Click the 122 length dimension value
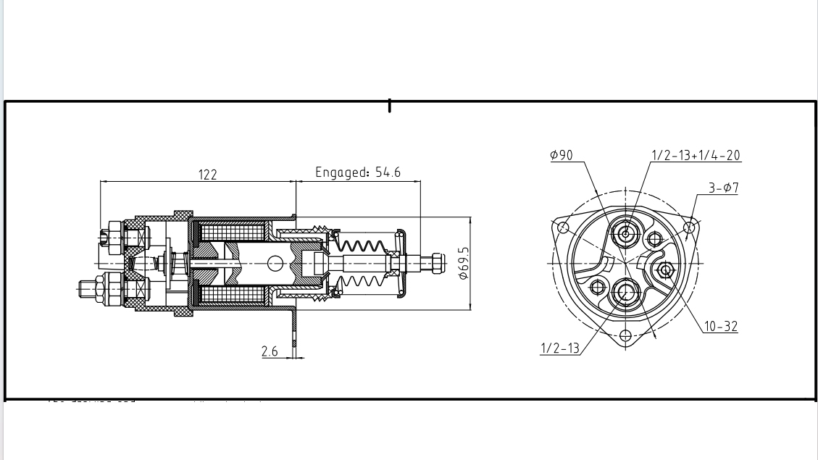tap(207, 175)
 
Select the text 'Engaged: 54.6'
tap(358, 172)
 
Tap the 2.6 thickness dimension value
tap(270, 351)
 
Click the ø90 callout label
tap(561, 155)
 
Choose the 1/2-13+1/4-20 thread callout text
tap(696, 155)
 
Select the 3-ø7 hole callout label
tap(723, 188)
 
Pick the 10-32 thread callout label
tap(720, 327)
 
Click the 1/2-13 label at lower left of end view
tap(560, 348)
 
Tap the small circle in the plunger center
tap(275, 263)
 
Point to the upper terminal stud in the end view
tap(625, 233)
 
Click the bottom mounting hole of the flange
tap(625, 335)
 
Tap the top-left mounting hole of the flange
tap(563, 228)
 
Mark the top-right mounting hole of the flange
tap(688, 228)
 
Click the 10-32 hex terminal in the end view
tap(664, 270)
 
